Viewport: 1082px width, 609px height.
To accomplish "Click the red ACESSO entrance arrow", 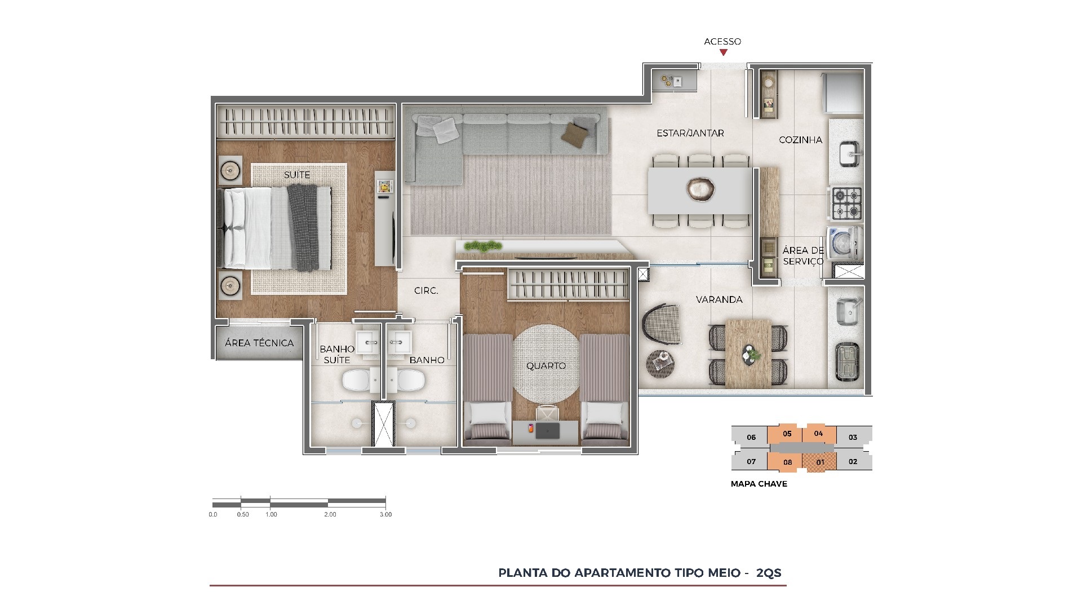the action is click(x=723, y=52).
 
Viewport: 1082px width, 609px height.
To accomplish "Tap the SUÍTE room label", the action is click(x=297, y=175).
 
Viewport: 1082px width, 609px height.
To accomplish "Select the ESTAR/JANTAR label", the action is click(x=690, y=133).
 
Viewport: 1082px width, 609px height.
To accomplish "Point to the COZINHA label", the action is click(x=800, y=140).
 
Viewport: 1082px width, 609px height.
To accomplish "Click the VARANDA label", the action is click(x=719, y=299).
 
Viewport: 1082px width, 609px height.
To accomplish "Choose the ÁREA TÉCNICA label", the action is click(x=259, y=343).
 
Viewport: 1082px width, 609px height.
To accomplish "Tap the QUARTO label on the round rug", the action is click(x=546, y=366).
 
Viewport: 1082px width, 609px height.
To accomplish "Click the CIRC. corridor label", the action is click(x=426, y=291).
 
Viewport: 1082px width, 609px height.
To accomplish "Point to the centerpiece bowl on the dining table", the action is click(x=701, y=189).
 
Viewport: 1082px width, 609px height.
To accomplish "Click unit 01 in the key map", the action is click(x=820, y=462).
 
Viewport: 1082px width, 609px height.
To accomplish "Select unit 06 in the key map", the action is click(x=751, y=437).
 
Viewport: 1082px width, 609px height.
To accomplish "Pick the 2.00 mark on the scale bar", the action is click(x=330, y=514).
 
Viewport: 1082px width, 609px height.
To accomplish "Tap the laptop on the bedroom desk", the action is click(x=547, y=431).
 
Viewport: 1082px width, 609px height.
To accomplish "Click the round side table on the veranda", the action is click(x=660, y=363).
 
